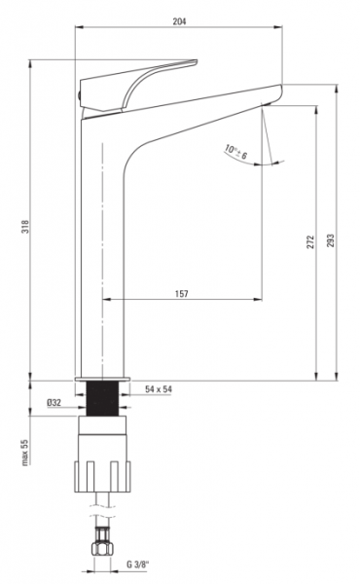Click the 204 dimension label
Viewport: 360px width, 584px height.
(x=179, y=21)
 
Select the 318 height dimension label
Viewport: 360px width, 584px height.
(x=25, y=227)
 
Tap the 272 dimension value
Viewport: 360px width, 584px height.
(x=310, y=241)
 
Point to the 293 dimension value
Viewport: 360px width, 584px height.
(x=331, y=240)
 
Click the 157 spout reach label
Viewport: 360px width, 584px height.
(x=182, y=294)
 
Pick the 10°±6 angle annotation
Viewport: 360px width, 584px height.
(x=236, y=152)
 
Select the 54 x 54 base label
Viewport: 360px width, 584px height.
(x=159, y=389)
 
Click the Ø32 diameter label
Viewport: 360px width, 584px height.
(x=54, y=403)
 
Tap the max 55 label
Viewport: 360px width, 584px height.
(x=24, y=453)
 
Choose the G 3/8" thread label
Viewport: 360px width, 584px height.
(x=138, y=564)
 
